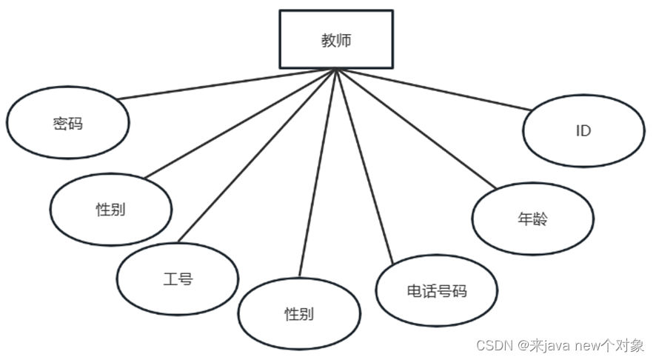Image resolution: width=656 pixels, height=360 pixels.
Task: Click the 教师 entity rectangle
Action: click(335, 39)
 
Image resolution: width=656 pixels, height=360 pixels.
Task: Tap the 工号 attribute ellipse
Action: click(178, 279)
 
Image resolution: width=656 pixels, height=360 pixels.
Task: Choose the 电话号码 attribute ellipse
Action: click(437, 290)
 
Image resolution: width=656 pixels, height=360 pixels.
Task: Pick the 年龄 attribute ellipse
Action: click(533, 219)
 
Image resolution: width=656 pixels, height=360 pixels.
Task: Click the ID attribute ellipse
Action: click(583, 131)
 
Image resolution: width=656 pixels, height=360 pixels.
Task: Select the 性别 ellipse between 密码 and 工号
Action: click(111, 210)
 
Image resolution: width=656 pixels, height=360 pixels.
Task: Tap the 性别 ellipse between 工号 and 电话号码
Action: click(299, 313)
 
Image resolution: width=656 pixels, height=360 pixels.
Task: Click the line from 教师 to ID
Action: click(437, 90)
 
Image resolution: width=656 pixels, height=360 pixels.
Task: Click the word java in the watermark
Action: click(557, 346)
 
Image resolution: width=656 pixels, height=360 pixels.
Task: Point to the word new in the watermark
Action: click(589, 346)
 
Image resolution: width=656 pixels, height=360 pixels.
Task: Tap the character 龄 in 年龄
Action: click(540, 219)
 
